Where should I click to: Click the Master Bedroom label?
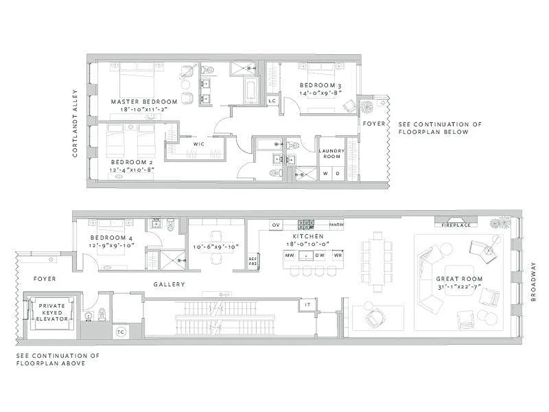(144, 101)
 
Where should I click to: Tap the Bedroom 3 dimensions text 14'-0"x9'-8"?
(321, 93)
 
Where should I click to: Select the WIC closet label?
(199, 144)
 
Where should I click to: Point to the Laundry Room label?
(332, 153)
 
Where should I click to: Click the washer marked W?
(325, 173)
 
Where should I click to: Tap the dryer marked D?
(338, 173)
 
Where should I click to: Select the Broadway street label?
(533, 281)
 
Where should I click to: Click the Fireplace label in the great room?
(456, 225)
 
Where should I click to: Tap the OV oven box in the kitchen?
(276, 225)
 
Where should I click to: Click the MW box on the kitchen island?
(289, 255)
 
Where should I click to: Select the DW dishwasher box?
(320, 255)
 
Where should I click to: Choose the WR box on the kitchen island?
(338, 255)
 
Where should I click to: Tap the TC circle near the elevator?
(120, 331)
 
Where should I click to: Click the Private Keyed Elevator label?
(52, 312)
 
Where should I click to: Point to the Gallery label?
(169, 284)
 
